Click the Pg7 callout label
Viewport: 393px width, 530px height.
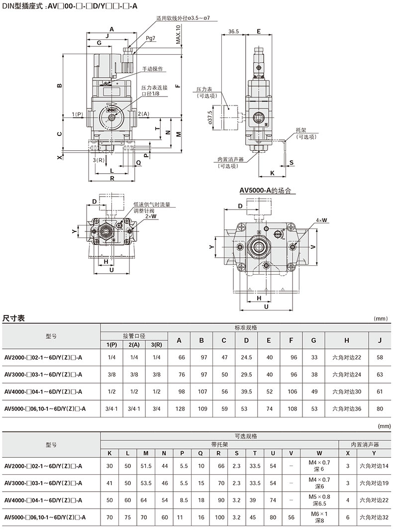[x=150, y=38]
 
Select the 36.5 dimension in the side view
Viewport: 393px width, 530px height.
[x=233, y=31]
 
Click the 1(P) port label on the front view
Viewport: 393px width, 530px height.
[x=78, y=114]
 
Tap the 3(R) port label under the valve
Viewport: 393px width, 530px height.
[x=98, y=160]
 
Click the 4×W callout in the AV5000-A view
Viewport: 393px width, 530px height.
[x=321, y=220]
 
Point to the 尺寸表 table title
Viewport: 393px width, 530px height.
[x=13, y=318]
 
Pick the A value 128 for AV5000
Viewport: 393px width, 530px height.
[x=180, y=409]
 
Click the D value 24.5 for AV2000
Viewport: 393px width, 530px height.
[x=246, y=357]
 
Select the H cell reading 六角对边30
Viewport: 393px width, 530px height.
[x=347, y=392]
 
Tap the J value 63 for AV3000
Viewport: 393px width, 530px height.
[x=380, y=374]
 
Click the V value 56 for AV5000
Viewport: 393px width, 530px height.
[x=292, y=517]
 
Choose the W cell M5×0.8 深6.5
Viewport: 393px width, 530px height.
[x=319, y=500]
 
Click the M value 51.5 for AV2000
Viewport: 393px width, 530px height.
[x=146, y=466]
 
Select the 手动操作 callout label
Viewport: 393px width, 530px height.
[x=152, y=69]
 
